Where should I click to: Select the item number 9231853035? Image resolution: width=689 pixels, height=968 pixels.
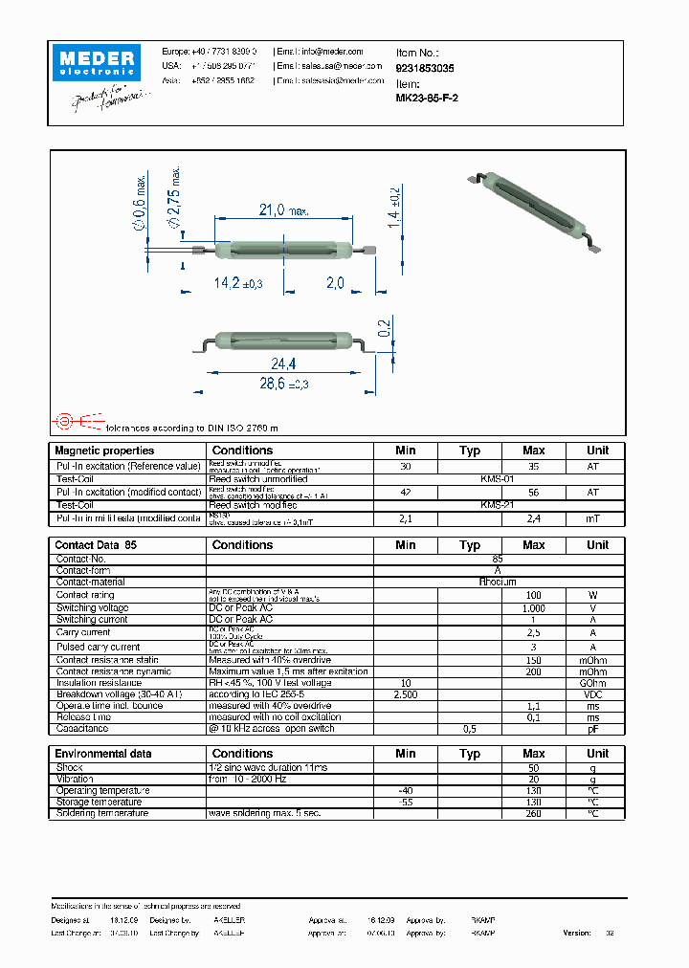(x=425, y=69)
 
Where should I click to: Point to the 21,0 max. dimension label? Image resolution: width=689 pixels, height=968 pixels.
(x=282, y=210)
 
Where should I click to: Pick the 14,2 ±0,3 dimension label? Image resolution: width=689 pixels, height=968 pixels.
(x=238, y=283)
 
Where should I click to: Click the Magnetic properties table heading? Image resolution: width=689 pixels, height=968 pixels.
(x=104, y=451)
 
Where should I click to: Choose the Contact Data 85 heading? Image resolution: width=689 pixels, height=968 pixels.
(x=97, y=545)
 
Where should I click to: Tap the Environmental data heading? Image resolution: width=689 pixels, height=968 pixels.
(x=102, y=754)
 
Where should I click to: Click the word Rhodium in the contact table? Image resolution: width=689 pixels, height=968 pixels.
(x=498, y=582)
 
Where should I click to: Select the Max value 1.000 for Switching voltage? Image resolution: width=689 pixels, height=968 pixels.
(x=534, y=608)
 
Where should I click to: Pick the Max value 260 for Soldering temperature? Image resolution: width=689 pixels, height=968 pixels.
(x=534, y=813)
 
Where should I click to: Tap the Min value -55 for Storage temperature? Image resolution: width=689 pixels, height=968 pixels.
(x=406, y=803)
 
